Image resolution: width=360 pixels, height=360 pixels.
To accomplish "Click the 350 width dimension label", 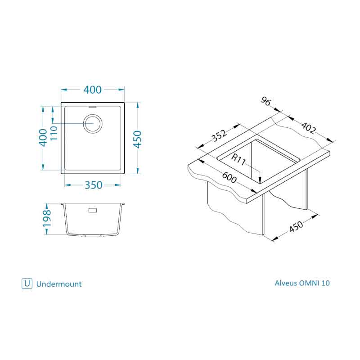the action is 93,185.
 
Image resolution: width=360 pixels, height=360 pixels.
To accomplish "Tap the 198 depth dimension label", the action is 47,218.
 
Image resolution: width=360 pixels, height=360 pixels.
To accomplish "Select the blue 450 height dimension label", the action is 138,139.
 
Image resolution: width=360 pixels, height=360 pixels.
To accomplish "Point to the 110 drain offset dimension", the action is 54,133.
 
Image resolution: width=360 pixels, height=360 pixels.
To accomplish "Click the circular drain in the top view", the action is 93,123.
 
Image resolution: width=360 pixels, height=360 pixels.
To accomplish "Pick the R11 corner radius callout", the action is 238,160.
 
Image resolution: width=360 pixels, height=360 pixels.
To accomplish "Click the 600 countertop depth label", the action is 229,177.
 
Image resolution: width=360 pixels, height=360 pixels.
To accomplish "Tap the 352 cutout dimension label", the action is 219,135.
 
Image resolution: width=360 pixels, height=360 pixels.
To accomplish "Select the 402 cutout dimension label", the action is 308,128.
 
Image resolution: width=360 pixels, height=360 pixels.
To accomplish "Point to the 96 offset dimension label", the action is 266,101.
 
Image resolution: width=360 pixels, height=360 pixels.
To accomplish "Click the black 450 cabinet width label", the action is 296,227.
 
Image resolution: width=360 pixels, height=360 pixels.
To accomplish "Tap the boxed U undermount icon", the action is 27,283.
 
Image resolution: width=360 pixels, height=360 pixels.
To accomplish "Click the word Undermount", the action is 59,284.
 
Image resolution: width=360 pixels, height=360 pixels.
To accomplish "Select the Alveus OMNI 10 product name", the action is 302,283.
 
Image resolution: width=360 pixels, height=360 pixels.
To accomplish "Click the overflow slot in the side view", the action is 93,210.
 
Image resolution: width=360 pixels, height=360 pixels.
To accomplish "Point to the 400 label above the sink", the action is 92,90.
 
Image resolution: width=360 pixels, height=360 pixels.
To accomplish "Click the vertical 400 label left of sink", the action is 43,138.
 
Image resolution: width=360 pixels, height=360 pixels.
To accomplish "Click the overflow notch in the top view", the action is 93,107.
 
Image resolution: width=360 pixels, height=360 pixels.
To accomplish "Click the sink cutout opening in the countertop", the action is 258,161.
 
